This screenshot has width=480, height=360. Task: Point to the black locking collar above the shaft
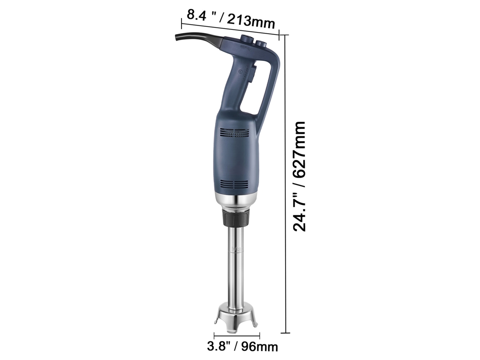pyautogui.click(x=235, y=218)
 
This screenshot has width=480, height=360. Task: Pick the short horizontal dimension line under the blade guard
pyautogui.click(x=237, y=336)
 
